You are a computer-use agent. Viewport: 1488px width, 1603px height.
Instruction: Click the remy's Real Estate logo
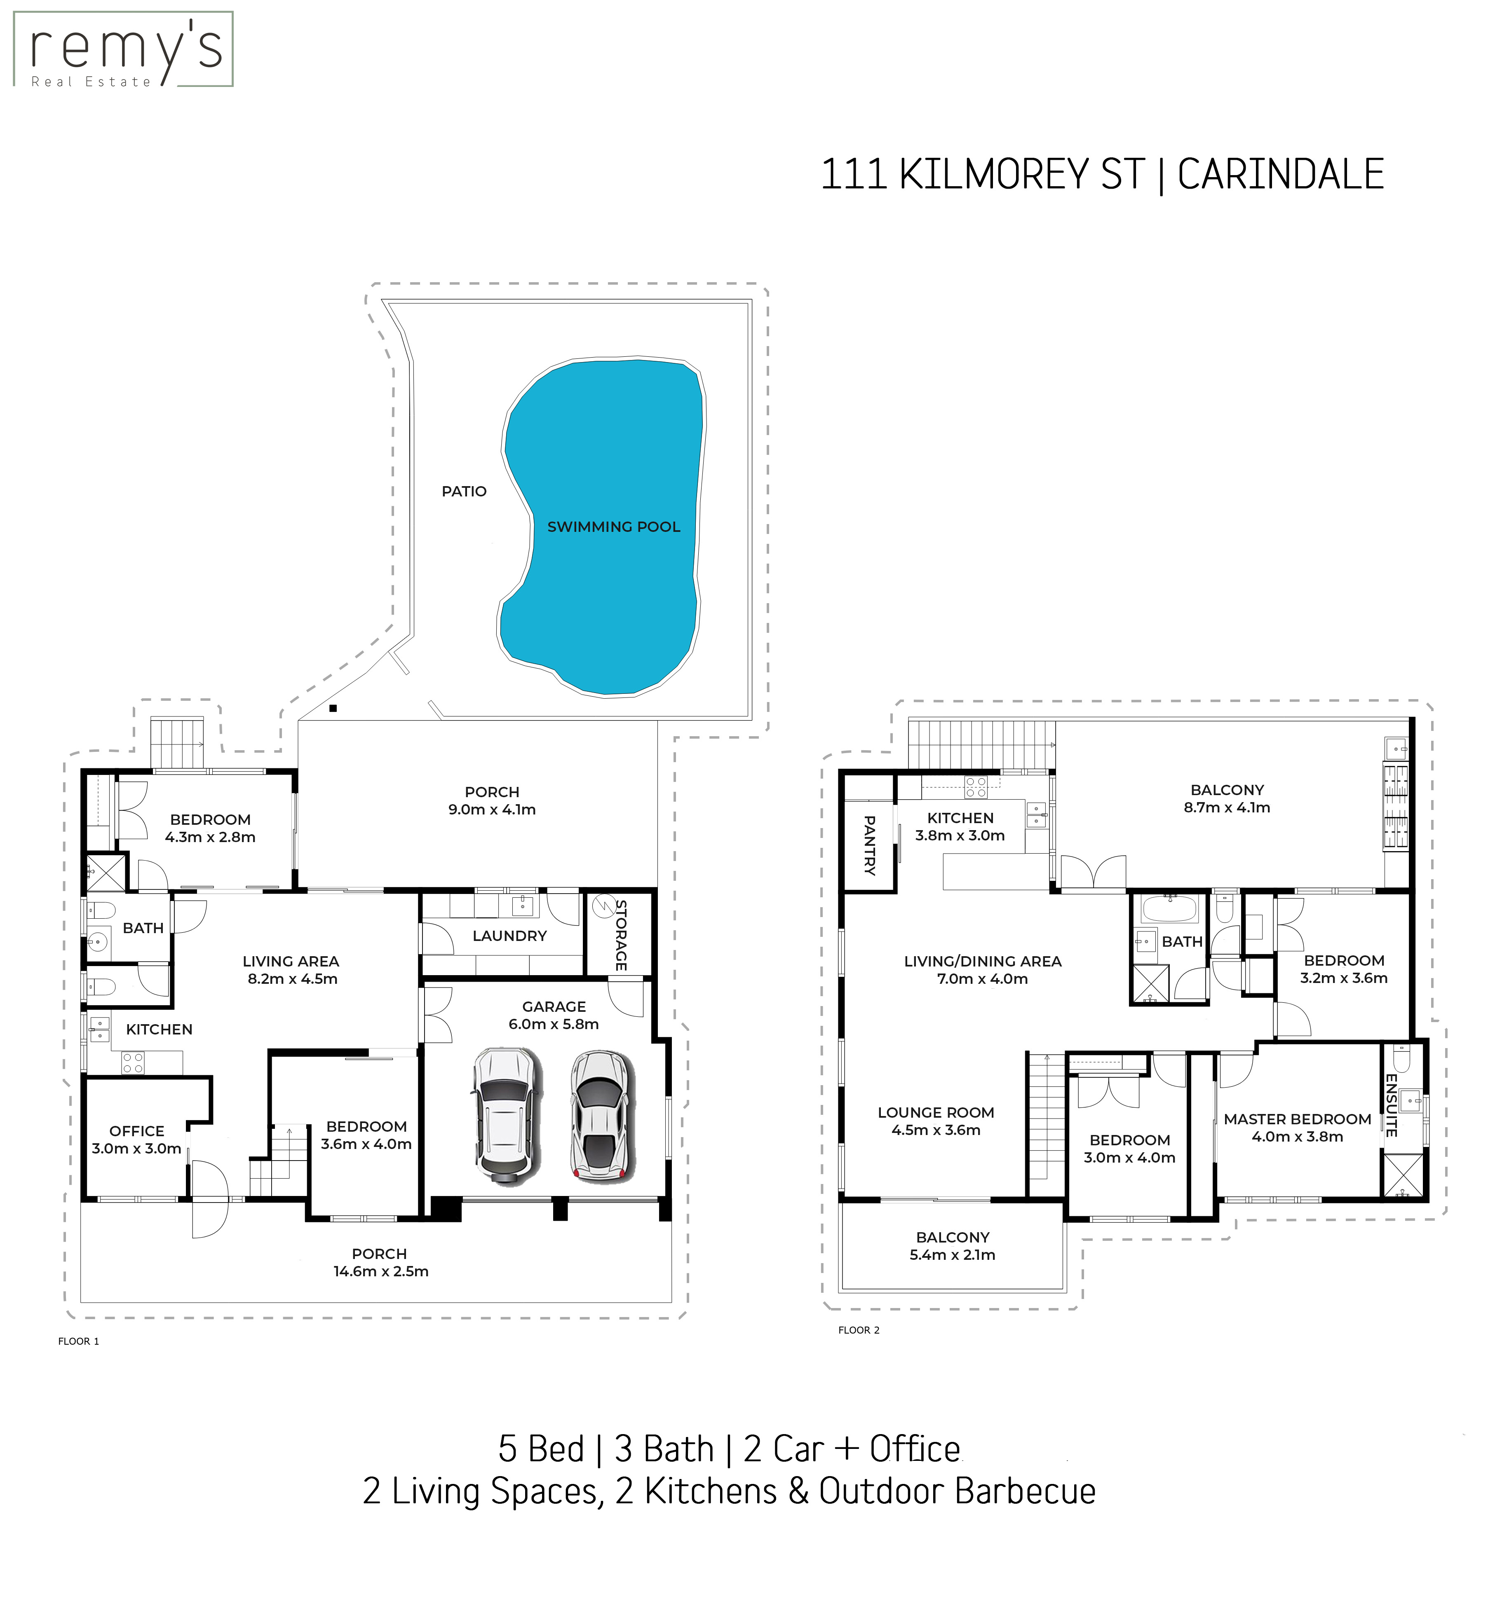click(123, 49)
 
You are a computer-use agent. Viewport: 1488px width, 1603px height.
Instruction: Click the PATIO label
click(464, 491)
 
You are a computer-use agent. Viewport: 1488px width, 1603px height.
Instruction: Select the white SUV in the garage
click(505, 1115)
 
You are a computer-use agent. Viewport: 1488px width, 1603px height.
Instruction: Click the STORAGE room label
click(621, 935)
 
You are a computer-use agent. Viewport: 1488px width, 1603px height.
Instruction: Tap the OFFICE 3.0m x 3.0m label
click(137, 1140)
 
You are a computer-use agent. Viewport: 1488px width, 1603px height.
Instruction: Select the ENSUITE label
click(1391, 1105)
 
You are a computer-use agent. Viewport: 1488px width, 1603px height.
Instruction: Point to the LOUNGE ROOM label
click(936, 1113)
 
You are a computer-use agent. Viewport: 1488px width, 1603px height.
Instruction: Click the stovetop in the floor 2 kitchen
click(976, 787)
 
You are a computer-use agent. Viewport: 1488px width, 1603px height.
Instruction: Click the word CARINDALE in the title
click(1280, 175)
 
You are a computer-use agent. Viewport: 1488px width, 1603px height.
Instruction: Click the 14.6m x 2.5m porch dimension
click(381, 1271)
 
